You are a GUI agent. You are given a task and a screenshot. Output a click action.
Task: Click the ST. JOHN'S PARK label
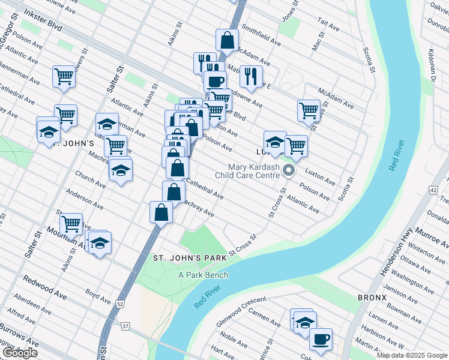pos(189,257)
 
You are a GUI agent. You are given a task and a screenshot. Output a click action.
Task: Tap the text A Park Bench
pos(202,274)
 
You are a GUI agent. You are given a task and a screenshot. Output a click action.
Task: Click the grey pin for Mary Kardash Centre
pos(289,171)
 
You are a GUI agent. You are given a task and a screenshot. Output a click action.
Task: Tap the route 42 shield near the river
pos(433,190)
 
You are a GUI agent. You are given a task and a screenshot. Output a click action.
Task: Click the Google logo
pos(20,353)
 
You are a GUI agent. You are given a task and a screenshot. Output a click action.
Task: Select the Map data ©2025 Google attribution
pos(412,355)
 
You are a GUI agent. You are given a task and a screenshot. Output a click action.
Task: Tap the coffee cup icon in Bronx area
pos(321,339)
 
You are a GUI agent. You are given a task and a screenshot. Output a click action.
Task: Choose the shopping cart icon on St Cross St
pos(308,110)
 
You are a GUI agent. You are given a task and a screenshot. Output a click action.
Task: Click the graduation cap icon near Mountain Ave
pos(101,243)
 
